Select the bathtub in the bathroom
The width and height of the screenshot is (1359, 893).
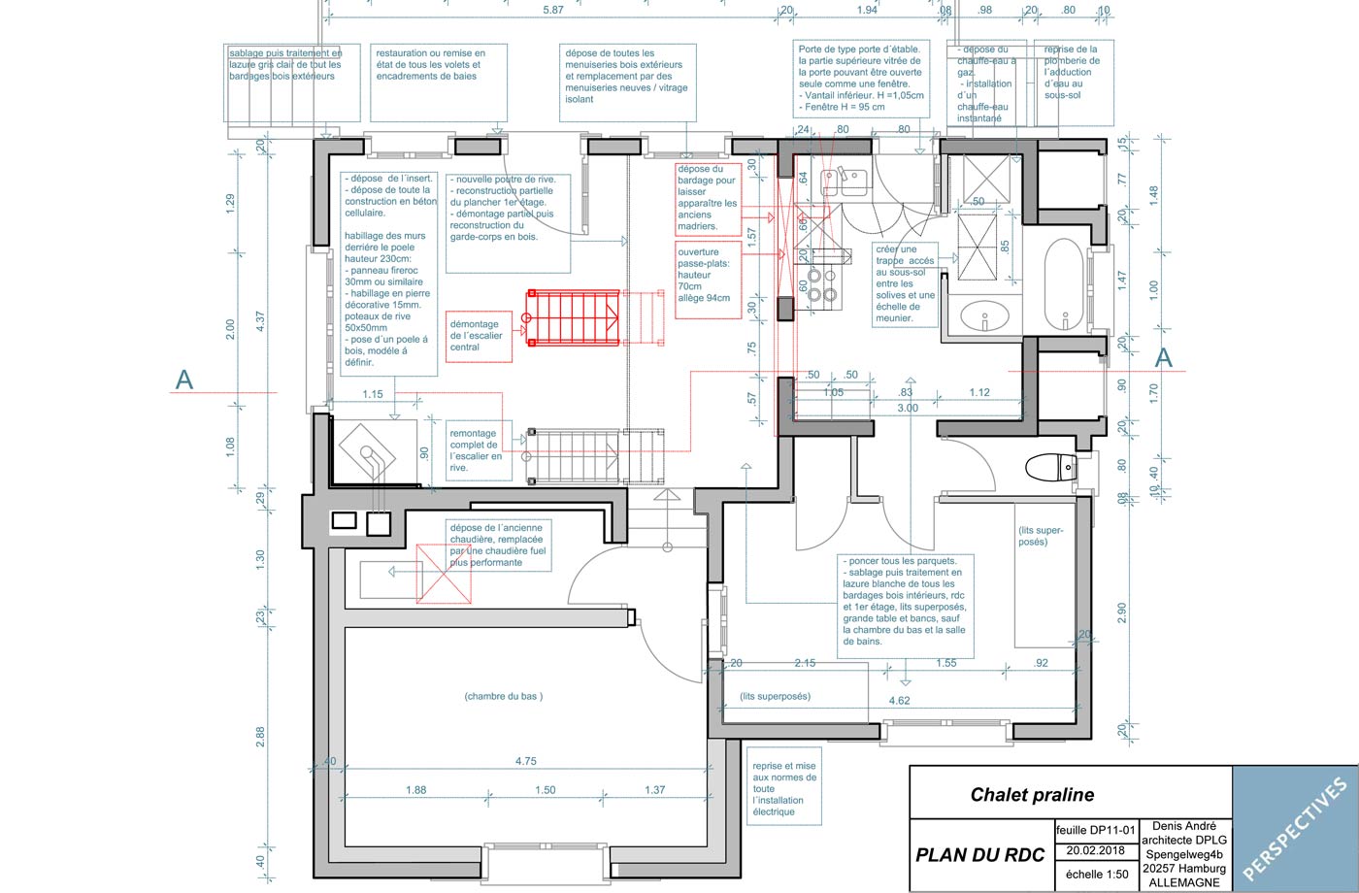[1066, 285]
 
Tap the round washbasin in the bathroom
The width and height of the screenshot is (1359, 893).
[983, 316]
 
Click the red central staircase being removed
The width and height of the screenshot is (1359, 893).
[574, 316]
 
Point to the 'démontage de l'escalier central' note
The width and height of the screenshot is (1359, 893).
[478, 336]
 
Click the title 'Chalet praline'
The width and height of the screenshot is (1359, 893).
[1032, 795]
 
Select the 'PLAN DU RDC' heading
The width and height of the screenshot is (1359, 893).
[979, 855]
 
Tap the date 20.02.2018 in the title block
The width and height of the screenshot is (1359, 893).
[1095, 850]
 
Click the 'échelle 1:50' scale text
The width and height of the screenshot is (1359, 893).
[1097, 874]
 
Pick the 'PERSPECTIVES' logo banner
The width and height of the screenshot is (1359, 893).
[1295, 828]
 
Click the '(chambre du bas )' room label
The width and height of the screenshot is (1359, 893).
[503, 696]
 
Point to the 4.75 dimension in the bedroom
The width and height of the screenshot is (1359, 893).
[525, 761]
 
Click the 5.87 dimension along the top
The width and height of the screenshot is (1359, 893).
[552, 10]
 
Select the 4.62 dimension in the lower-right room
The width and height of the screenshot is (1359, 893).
[900, 700]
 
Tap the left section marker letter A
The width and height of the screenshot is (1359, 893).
[183, 380]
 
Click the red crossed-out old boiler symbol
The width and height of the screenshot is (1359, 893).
[443, 574]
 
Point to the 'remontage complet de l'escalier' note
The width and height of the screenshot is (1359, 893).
[476, 450]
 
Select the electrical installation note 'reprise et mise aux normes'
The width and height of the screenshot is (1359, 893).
[783, 788]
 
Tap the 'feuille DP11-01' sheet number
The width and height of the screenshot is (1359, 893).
[1095, 830]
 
